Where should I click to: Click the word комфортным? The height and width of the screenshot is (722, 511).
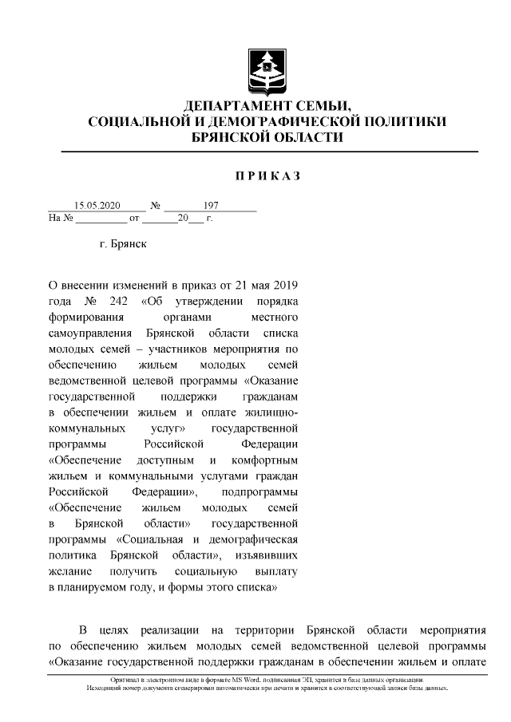(265, 461)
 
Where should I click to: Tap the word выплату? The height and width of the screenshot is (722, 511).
(277, 572)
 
